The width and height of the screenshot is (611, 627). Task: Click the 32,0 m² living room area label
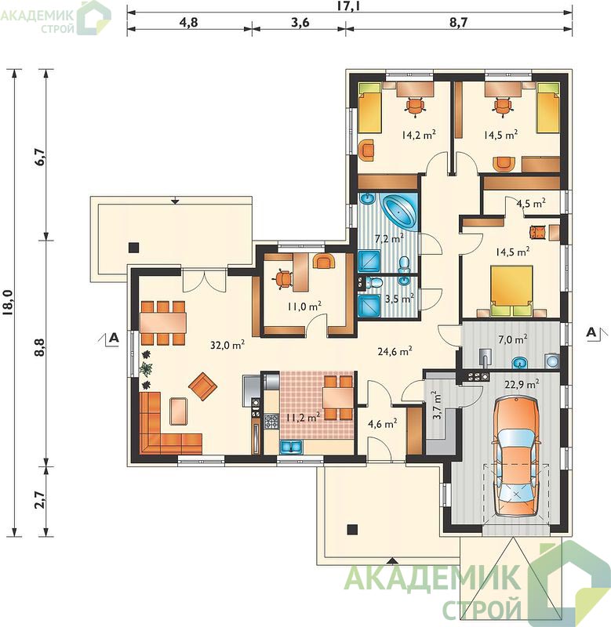227,345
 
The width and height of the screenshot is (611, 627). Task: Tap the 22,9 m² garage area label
522,384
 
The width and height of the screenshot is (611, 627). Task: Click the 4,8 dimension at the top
188,22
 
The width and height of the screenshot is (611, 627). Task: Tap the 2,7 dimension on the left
41,499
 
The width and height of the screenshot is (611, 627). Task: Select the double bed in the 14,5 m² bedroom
511,291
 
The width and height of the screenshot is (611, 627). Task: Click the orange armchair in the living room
202,386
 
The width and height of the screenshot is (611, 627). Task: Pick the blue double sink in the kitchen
291,447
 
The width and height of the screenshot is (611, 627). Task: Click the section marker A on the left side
114,338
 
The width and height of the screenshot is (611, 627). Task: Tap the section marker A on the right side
591,332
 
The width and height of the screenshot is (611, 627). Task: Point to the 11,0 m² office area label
304,306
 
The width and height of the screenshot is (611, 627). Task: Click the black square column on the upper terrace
133,248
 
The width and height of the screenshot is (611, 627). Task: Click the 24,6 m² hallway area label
395,351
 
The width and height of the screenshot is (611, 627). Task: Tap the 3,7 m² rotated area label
437,404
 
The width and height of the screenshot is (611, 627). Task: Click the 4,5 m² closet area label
531,203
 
